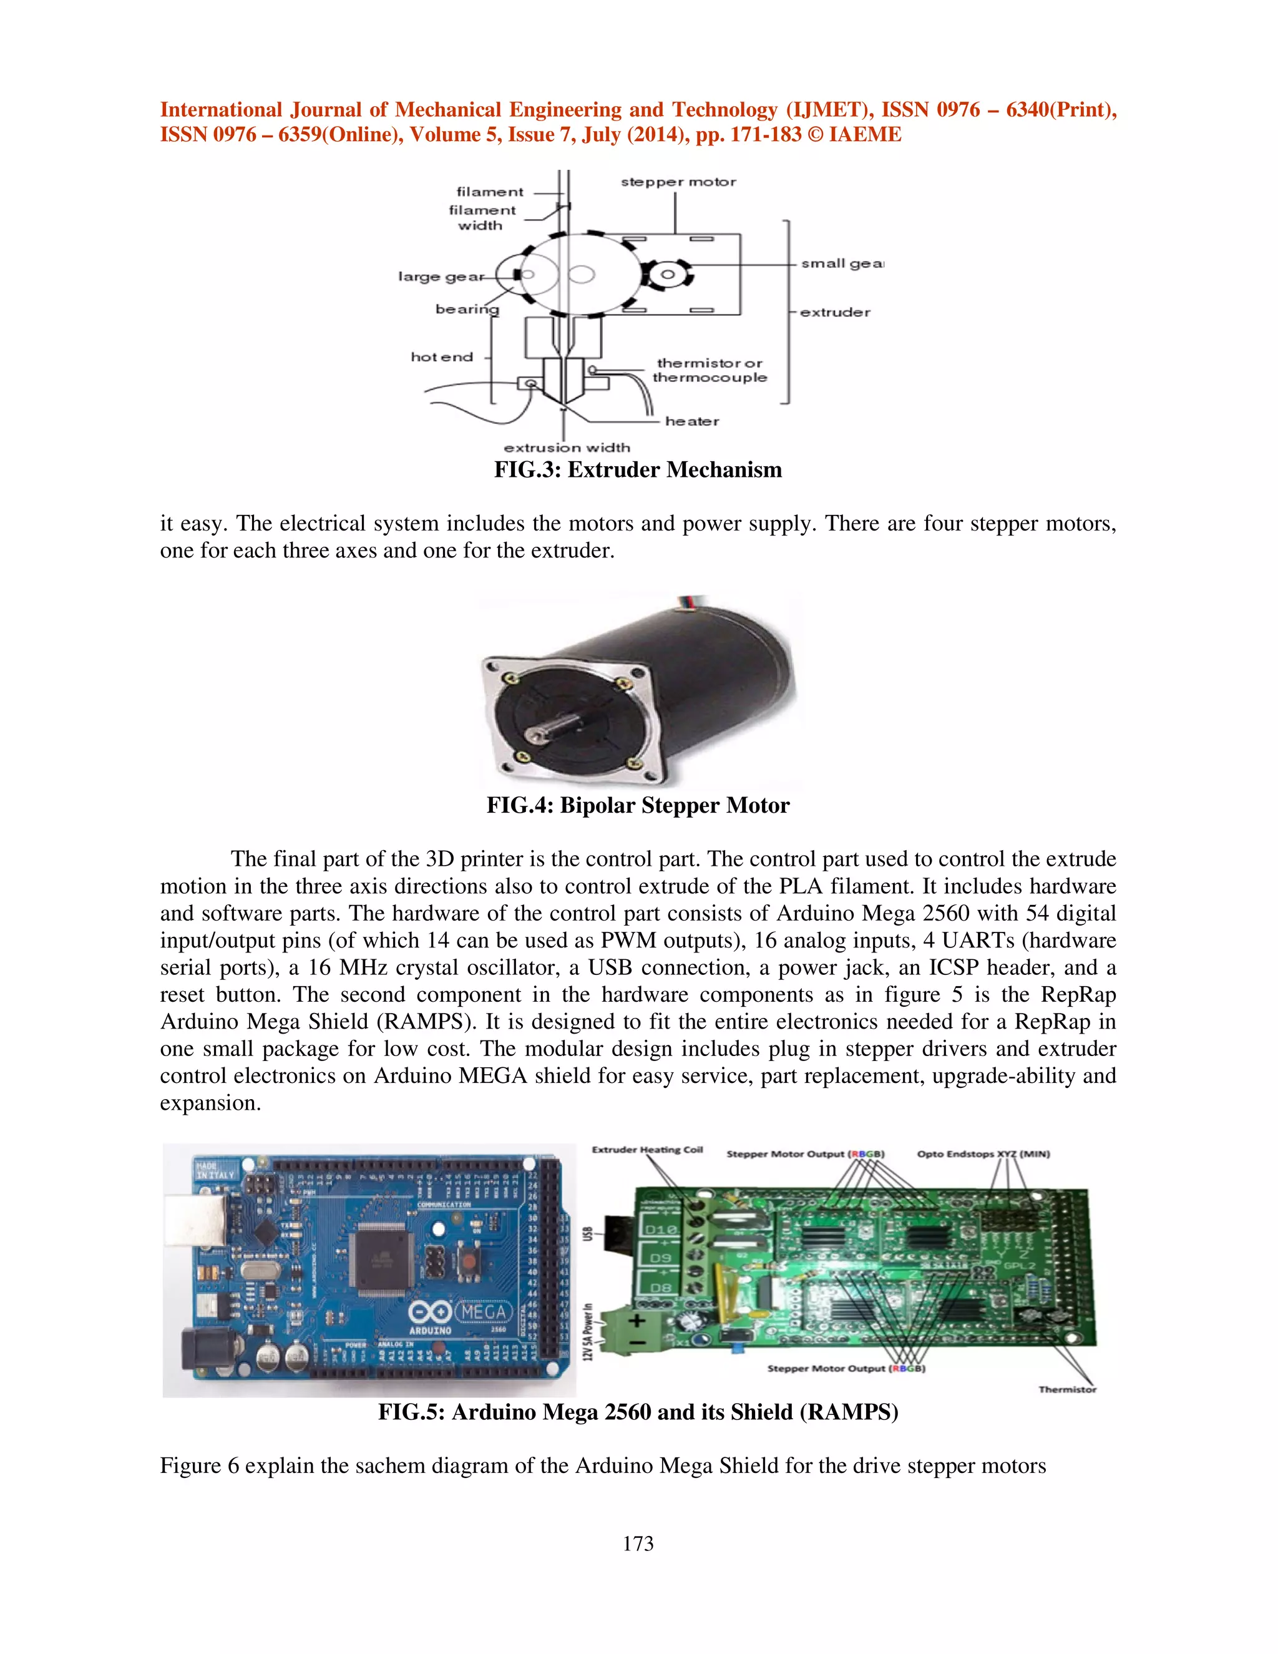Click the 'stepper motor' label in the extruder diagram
click(678, 182)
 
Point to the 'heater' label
click(692, 421)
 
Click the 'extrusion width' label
click(567, 448)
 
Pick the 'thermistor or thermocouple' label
click(710, 370)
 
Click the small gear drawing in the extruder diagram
click(667, 274)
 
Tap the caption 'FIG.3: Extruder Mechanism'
click(638, 471)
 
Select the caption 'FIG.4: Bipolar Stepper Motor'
click(638, 805)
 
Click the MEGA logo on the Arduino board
click(483, 1311)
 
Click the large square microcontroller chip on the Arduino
click(383, 1258)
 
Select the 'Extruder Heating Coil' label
click(647, 1150)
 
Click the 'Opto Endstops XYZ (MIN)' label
click(983, 1154)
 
